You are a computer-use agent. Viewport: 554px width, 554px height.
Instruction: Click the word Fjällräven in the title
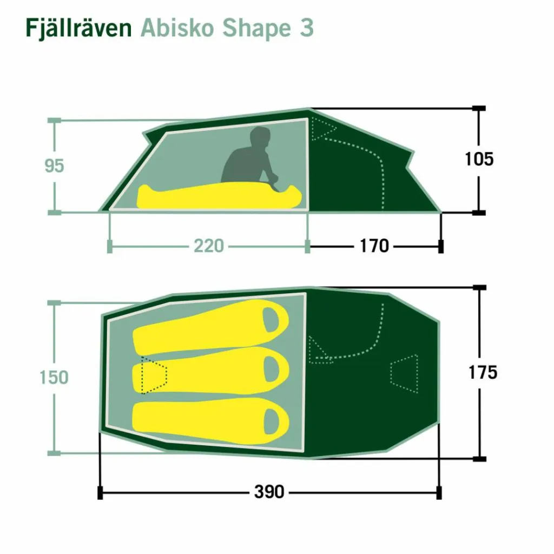coord(78,28)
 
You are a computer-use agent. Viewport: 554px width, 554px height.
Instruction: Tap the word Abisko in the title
coord(177,28)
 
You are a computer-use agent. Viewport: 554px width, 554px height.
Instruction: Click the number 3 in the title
coord(307,28)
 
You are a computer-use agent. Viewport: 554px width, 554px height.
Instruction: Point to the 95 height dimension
coord(55,166)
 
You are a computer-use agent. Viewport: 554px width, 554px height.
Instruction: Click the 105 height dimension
coord(479,159)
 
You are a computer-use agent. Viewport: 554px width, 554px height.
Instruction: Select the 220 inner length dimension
coord(208,246)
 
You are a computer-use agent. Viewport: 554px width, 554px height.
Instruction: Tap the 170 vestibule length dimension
coord(374,246)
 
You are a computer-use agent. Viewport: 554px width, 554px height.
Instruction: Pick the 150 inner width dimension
coord(54,377)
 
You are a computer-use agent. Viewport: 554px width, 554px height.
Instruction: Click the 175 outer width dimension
coord(483,372)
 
